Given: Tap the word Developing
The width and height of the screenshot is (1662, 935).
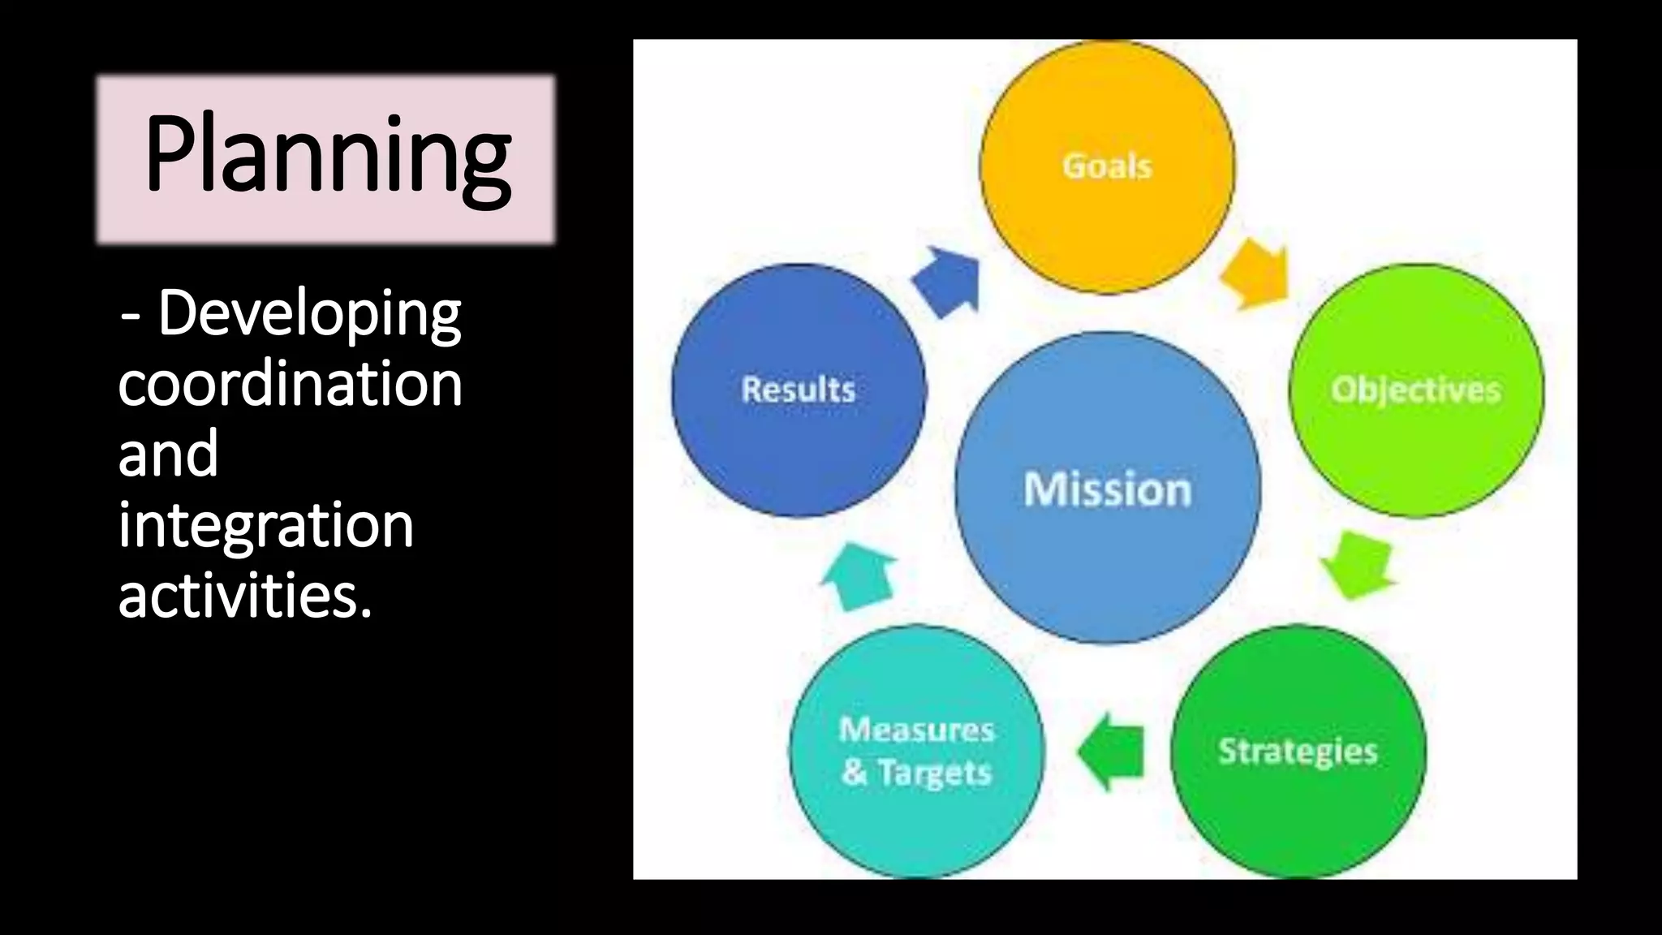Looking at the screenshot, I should (309, 314).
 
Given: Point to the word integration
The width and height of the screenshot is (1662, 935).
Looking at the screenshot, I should (265, 525).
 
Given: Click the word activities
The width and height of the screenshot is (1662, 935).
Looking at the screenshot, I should (244, 595).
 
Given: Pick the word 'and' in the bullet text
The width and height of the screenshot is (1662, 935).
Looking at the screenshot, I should (168, 454).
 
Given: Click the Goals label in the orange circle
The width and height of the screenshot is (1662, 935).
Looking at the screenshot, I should (1107, 166).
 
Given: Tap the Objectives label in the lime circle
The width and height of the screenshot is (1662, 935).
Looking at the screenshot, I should (1415, 390).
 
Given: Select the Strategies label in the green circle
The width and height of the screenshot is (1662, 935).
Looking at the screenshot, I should (1298, 752).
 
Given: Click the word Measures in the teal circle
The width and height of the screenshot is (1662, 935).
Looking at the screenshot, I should (916, 730).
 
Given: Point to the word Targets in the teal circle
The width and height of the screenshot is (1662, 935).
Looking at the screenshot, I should (935, 773).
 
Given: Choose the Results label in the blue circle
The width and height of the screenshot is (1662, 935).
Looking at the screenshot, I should (798, 390).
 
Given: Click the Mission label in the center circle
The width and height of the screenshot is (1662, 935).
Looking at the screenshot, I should (1107, 489).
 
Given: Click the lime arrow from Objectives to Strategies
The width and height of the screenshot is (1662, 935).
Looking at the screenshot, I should (1359, 564).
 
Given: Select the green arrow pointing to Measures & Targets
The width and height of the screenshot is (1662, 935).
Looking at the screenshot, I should (1112, 752).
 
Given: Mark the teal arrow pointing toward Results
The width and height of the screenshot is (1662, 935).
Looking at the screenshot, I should (859, 575).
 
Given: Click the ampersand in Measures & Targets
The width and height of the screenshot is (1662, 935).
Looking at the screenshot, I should (854, 772).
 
